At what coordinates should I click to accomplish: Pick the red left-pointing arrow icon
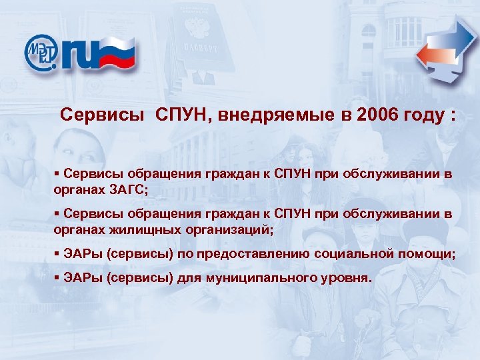pyautogui.click(x=433, y=56)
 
